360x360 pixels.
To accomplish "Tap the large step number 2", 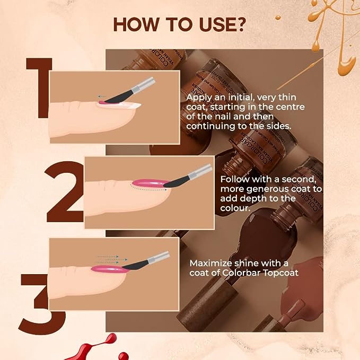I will tap(64, 191).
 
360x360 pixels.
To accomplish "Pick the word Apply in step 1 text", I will tap(198, 98).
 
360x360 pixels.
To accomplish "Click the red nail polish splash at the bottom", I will tap(103, 347).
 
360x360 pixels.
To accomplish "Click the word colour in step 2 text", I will tap(235, 208).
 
